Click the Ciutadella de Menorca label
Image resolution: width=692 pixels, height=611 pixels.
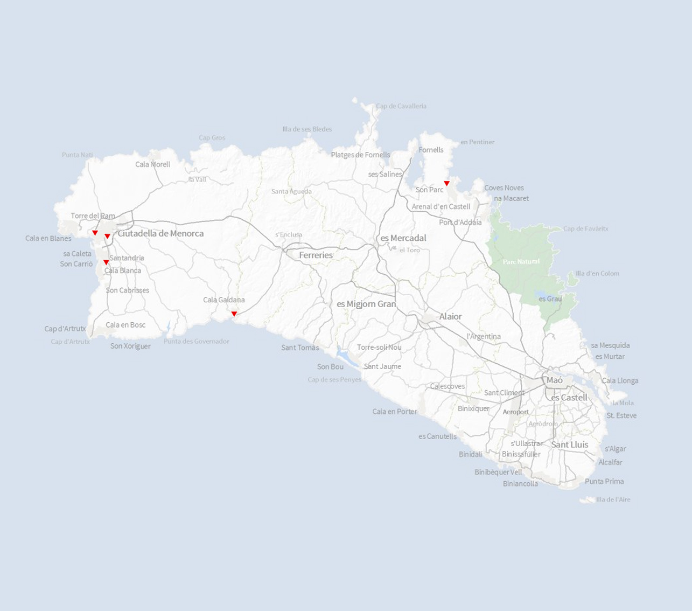coord(160,233)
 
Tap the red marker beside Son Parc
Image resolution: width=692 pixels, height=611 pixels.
coord(446,183)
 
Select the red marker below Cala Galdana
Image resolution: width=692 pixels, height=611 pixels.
coord(234,314)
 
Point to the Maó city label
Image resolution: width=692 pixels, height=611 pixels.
coord(555,380)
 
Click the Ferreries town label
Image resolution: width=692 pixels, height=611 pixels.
coord(316,255)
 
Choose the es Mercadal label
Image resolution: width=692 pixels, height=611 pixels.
coord(403,238)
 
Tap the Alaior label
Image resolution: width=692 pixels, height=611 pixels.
coord(450,317)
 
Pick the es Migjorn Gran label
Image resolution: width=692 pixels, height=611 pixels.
coord(366,304)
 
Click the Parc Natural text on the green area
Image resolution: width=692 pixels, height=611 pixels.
coord(521,262)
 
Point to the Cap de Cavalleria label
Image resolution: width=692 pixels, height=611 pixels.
coord(401,106)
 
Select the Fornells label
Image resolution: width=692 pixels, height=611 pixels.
coord(431,150)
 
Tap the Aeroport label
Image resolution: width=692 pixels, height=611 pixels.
coord(515,412)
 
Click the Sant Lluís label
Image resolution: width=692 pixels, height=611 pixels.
coord(569,445)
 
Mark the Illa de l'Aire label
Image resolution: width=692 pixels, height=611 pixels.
coord(613,499)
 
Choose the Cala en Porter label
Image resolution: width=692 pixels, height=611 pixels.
coord(394,412)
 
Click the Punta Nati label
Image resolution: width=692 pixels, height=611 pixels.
coord(77,155)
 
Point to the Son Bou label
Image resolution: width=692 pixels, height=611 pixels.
coord(330,367)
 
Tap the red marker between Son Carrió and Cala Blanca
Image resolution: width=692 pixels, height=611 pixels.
coord(106,262)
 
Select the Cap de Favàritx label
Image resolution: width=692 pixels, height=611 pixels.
coord(585,228)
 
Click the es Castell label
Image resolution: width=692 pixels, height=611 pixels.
coord(569,398)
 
